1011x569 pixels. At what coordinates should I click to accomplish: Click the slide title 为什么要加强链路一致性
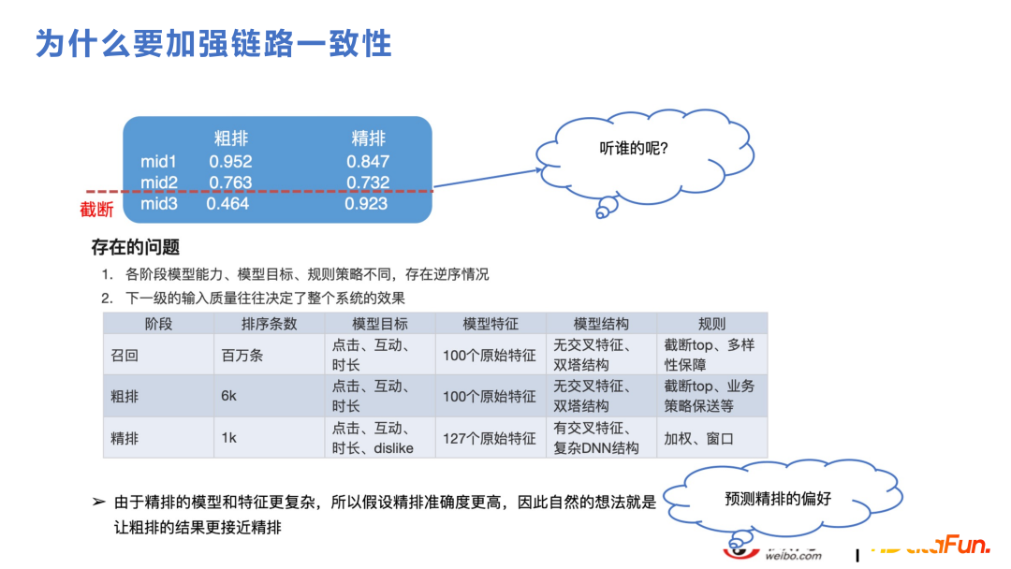pyautogui.click(x=213, y=43)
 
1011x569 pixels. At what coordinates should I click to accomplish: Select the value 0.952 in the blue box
pyautogui.click(x=230, y=161)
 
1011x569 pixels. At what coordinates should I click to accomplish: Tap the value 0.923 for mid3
pyautogui.click(x=366, y=203)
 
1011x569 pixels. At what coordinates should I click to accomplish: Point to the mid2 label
pyautogui.click(x=159, y=182)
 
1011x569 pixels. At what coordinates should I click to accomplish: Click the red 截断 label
pyautogui.click(x=96, y=210)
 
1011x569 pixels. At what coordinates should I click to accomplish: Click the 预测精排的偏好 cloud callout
pyautogui.click(x=777, y=499)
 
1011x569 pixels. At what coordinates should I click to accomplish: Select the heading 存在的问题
pyautogui.click(x=136, y=248)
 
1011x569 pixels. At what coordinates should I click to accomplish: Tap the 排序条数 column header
pyautogui.click(x=269, y=324)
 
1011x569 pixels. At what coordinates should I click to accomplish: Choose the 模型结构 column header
pyautogui.click(x=601, y=324)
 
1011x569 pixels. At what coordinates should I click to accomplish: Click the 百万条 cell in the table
pyautogui.click(x=242, y=356)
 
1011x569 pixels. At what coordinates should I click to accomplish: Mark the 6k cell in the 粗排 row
pyautogui.click(x=229, y=396)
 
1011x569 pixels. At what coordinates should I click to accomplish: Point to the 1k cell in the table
pyautogui.click(x=229, y=437)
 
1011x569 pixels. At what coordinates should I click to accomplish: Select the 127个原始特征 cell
pyautogui.click(x=490, y=437)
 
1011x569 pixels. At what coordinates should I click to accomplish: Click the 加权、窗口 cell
pyautogui.click(x=699, y=437)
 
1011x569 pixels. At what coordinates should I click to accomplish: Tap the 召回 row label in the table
pyautogui.click(x=125, y=356)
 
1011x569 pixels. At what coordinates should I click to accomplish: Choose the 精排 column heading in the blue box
pyautogui.click(x=368, y=139)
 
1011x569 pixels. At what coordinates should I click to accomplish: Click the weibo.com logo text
pyautogui.click(x=793, y=555)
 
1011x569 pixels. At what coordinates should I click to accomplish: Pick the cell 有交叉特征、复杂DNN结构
pyautogui.click(x=597, y=437)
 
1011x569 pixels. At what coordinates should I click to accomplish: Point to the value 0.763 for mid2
pyautogui.click(x=230, y=182)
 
